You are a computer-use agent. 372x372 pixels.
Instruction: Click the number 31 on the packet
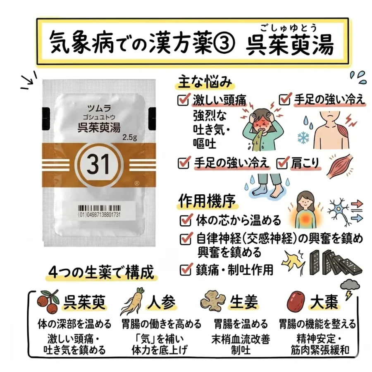pos(98,164)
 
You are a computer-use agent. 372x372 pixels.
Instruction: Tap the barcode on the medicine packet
pos(99,209)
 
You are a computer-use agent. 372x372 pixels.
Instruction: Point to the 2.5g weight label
pos(130,137)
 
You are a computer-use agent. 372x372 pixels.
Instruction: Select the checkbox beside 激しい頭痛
pos(184,100)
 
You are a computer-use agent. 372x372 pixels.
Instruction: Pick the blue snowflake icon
pos(303,138)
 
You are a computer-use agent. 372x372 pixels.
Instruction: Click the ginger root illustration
pos(212,300)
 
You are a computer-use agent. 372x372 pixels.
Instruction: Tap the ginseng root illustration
pos(132,301)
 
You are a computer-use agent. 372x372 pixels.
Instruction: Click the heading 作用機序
pos(207,201)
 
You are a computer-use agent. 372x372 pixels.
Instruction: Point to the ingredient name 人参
pos(162,303)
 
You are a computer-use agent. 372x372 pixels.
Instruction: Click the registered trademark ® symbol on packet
pos(137,184)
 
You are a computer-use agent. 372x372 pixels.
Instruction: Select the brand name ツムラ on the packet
pos(99,108)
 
